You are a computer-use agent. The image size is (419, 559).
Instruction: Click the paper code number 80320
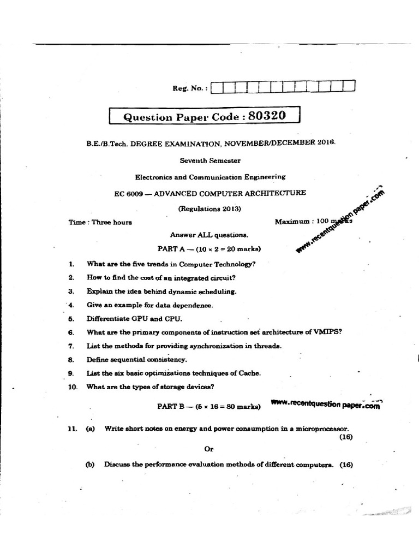pos(267,116)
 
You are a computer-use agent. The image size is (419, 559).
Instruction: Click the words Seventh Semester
pos(210,160)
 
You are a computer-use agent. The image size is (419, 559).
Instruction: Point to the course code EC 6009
pos(126,193)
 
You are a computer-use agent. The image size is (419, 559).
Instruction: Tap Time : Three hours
pos(100,222)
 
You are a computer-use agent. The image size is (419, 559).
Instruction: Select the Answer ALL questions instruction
pos(209,235)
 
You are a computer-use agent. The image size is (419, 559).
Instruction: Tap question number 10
pos(73,387)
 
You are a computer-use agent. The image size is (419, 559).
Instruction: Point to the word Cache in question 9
pos(249,373)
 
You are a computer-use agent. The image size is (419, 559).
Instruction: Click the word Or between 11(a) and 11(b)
pos(208,449)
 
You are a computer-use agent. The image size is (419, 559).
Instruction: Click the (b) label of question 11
pos(91,465)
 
